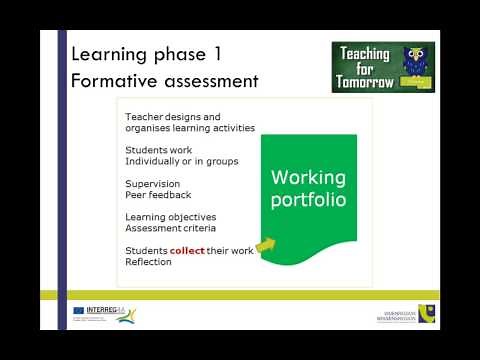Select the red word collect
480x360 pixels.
pyautogui.click(x=187, y=251)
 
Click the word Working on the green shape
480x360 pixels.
pyautogui.click(x=309, y=178)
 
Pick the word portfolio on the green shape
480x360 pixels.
pyautogui.click(x=309, y=199)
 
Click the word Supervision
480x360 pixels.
pyautogui.click(x=152, y=184)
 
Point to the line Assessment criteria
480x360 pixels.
pyautogui.click(x=168, y=228)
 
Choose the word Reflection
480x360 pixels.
pyautogui.click(x=148, y=262)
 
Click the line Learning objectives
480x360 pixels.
pyautogui.click(x=170, y=217)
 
